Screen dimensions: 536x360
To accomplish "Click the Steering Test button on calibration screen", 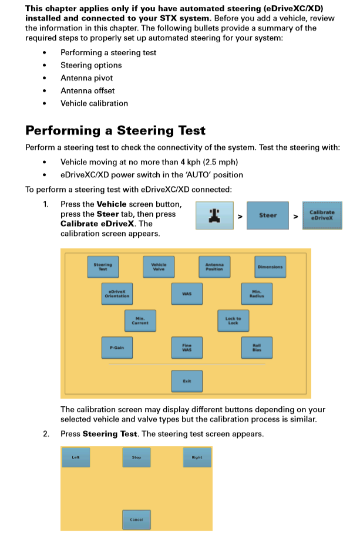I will point(103,267).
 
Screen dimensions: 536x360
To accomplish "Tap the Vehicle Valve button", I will point(159,267).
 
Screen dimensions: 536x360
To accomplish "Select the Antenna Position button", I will point(214,267).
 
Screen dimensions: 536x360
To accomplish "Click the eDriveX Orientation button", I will point(117,294).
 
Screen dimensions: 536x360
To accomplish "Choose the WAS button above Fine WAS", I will point(187,294).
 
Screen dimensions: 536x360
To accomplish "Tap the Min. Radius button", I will point(257,294).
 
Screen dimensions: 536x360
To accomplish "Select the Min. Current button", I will point(140,321).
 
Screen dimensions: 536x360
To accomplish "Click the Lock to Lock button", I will point(233,321).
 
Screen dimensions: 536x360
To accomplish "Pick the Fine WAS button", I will point(187,348).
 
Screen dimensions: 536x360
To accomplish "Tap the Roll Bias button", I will point(257,348).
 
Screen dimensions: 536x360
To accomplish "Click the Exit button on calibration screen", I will point(187,381).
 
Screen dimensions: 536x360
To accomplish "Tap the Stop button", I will point(136,457).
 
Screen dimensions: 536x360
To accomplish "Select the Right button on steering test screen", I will point(197,457).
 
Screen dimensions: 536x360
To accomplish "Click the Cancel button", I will point(136,520).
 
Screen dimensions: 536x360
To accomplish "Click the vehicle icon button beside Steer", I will point(211,215).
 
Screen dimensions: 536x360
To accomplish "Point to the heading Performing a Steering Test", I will point(115,130).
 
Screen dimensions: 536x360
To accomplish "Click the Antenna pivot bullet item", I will point(86,78).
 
